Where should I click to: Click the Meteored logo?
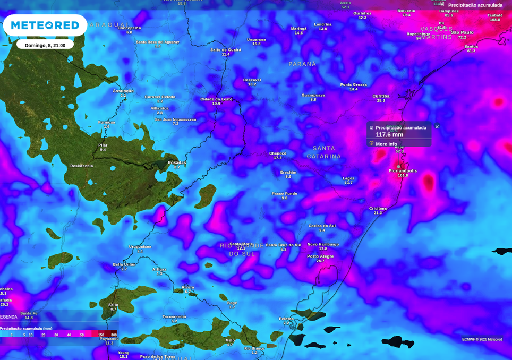(x=45, y=25)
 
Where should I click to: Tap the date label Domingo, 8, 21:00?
(x=45, y=45)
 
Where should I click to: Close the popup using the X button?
(x=437, y=127)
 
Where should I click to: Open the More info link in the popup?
(x=386, y=144)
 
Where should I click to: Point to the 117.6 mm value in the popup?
(x=389, y=135)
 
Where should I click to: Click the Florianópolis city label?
(x=403, y=171)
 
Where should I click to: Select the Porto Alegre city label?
(x=320, y=256)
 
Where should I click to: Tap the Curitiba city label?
(x=381, y=96)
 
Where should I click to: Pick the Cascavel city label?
(x=252, y=80)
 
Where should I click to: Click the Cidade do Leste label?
(x=216, y=99)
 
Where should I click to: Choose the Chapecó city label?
(x=278, y=153)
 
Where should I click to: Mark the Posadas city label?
(x=177, y=163)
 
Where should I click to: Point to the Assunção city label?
(x=123, y=91)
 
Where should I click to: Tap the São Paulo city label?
(x=462, y=33)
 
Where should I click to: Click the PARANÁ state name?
(x=302, y=64)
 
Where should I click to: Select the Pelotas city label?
(x=286, y=319)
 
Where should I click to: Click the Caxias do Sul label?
(x=322, y=226)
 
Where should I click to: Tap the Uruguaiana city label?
(x=140, y=247)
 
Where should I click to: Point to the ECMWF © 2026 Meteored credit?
(x=482, y=339)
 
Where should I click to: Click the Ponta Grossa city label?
(x=353, y=85)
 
